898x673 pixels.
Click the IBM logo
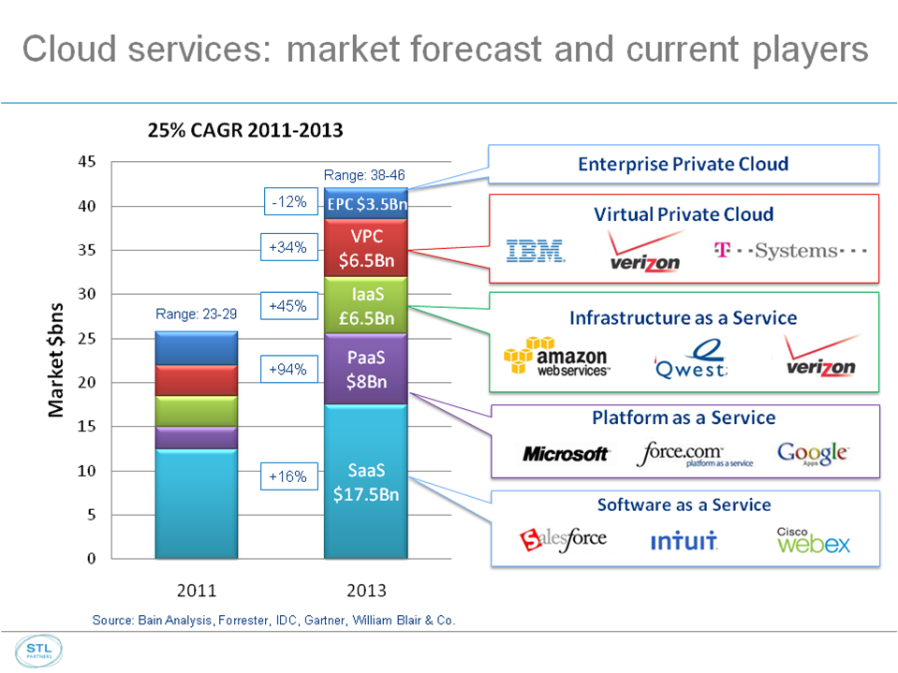[x=535, y=251]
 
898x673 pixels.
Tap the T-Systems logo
[x=790, y=251]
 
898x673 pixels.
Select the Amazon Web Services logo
[x=556, y=358]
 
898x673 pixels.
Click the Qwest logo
[x=692, y=358]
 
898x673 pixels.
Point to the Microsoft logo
[x=566, y=454]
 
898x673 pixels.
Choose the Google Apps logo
[x=813, y=453]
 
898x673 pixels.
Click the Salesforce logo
[x=564, y=539]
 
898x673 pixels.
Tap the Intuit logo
[x=684, y=541]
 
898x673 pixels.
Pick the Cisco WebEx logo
[x=813, y=540]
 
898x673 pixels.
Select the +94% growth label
[x=287, y=370]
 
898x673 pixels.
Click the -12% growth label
[x=287, y=201]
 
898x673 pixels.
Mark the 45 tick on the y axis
[x=86, y=162]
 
